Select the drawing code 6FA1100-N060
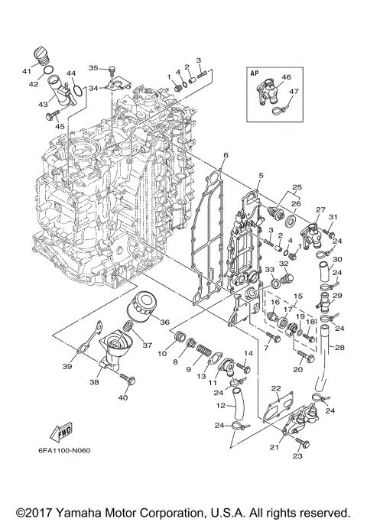pos(63,449)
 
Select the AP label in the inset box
pos(255,73)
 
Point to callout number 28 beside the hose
pos(339,348)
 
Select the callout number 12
pos(220,406)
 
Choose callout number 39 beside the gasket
pos(67,368)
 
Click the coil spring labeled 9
pos(203,353)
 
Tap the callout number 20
pos(298,369)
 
